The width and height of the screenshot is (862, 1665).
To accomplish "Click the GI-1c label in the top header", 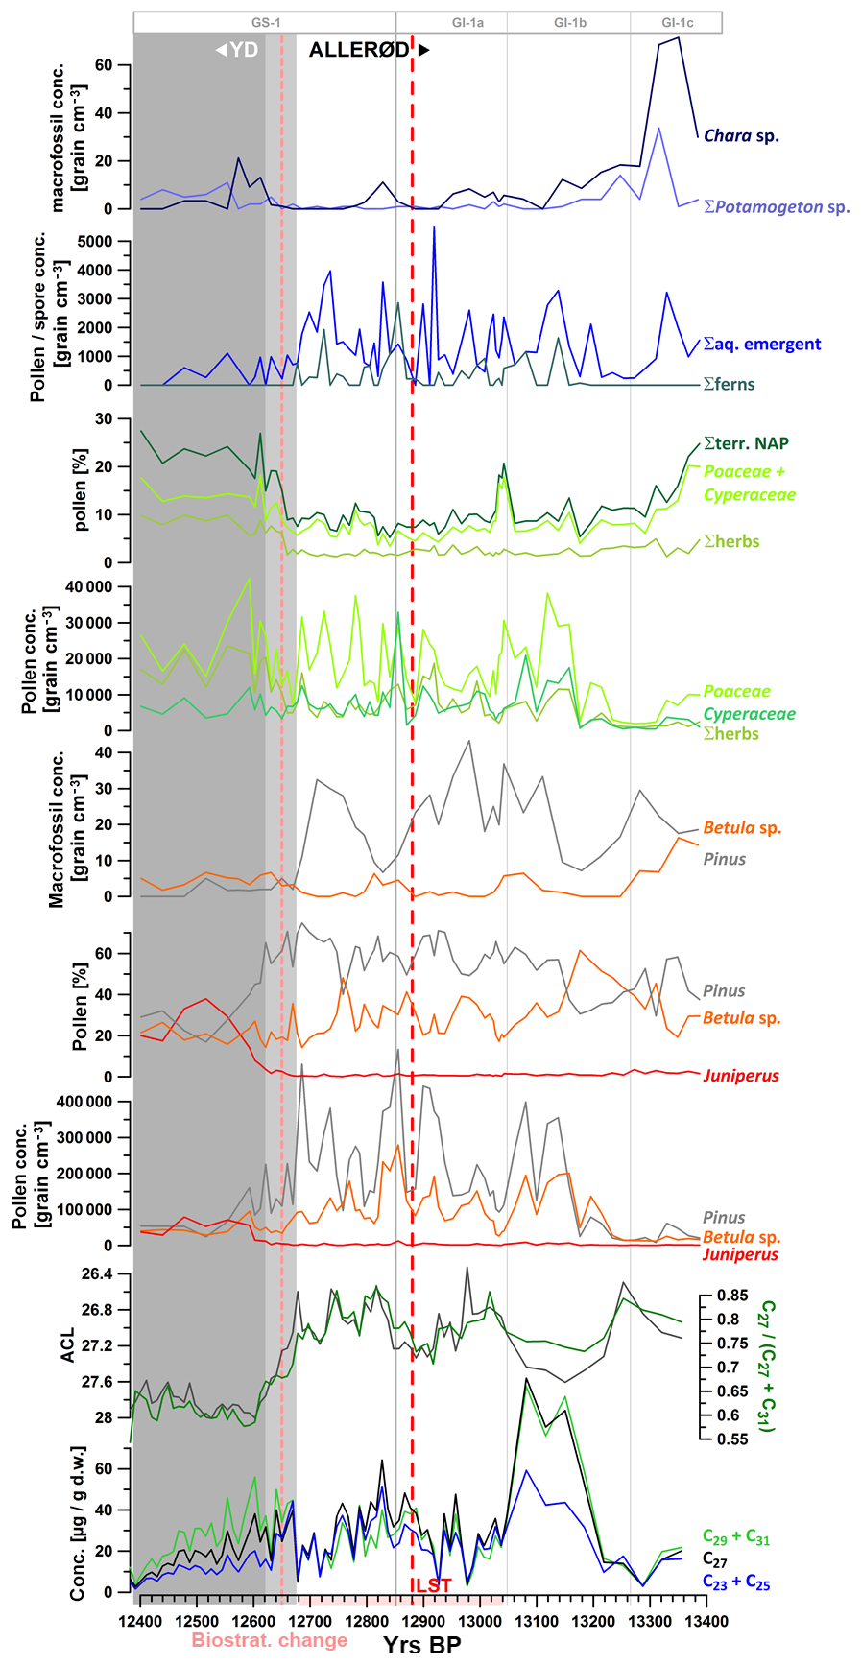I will click(x=677, y=22).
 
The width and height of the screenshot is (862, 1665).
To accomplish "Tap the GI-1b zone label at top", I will click(x=569, y=22).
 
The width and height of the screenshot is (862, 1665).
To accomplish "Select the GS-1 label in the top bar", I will click(x=266, y=22).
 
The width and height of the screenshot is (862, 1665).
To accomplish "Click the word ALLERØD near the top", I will click(x=359, y=51).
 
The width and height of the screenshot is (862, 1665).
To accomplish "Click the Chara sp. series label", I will click(x=741, y=136).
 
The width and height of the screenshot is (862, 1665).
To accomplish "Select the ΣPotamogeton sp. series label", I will click(x=777, y=206).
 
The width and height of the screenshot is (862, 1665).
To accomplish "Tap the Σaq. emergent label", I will click(x=762, y=345).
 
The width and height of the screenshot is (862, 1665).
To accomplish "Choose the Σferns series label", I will click(x=729, y=385).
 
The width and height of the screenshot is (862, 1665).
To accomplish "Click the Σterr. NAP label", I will click(x=746, y=443).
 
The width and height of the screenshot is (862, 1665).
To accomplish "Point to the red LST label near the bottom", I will click(x=432, y=1585).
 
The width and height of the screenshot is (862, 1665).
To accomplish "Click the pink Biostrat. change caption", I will click(x=270, y=1640).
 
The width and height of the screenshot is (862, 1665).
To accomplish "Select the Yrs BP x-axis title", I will click(x=422, y=1645).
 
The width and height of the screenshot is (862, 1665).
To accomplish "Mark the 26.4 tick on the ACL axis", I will click(x=96, y=1274).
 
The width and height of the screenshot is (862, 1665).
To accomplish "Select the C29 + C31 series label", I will click(x=736, y=1538).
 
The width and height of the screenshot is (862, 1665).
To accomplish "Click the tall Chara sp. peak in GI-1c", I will click(x=678, y=38).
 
